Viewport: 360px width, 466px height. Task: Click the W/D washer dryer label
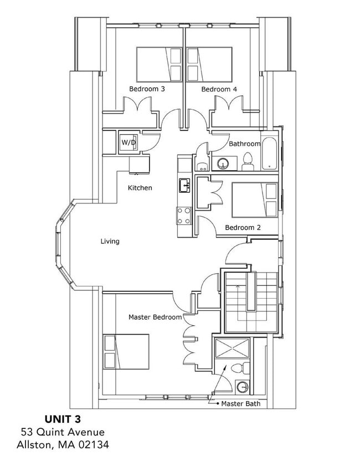128,143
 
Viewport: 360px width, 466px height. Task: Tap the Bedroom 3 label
147,89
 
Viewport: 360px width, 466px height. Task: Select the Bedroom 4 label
215,89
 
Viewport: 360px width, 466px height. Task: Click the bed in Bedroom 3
159,65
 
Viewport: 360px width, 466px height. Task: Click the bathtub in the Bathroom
268,153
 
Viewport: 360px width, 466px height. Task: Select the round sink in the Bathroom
223,163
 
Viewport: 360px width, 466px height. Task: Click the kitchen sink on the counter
183,185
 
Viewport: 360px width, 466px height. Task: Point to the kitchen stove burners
183,214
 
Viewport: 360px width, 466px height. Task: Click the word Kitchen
140,188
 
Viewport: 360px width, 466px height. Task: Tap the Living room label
110,241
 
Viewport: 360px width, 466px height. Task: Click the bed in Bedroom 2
254,200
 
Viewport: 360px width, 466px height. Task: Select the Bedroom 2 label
243,228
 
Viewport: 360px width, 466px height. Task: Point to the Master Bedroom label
155,317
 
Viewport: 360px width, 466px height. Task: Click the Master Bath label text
240,404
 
